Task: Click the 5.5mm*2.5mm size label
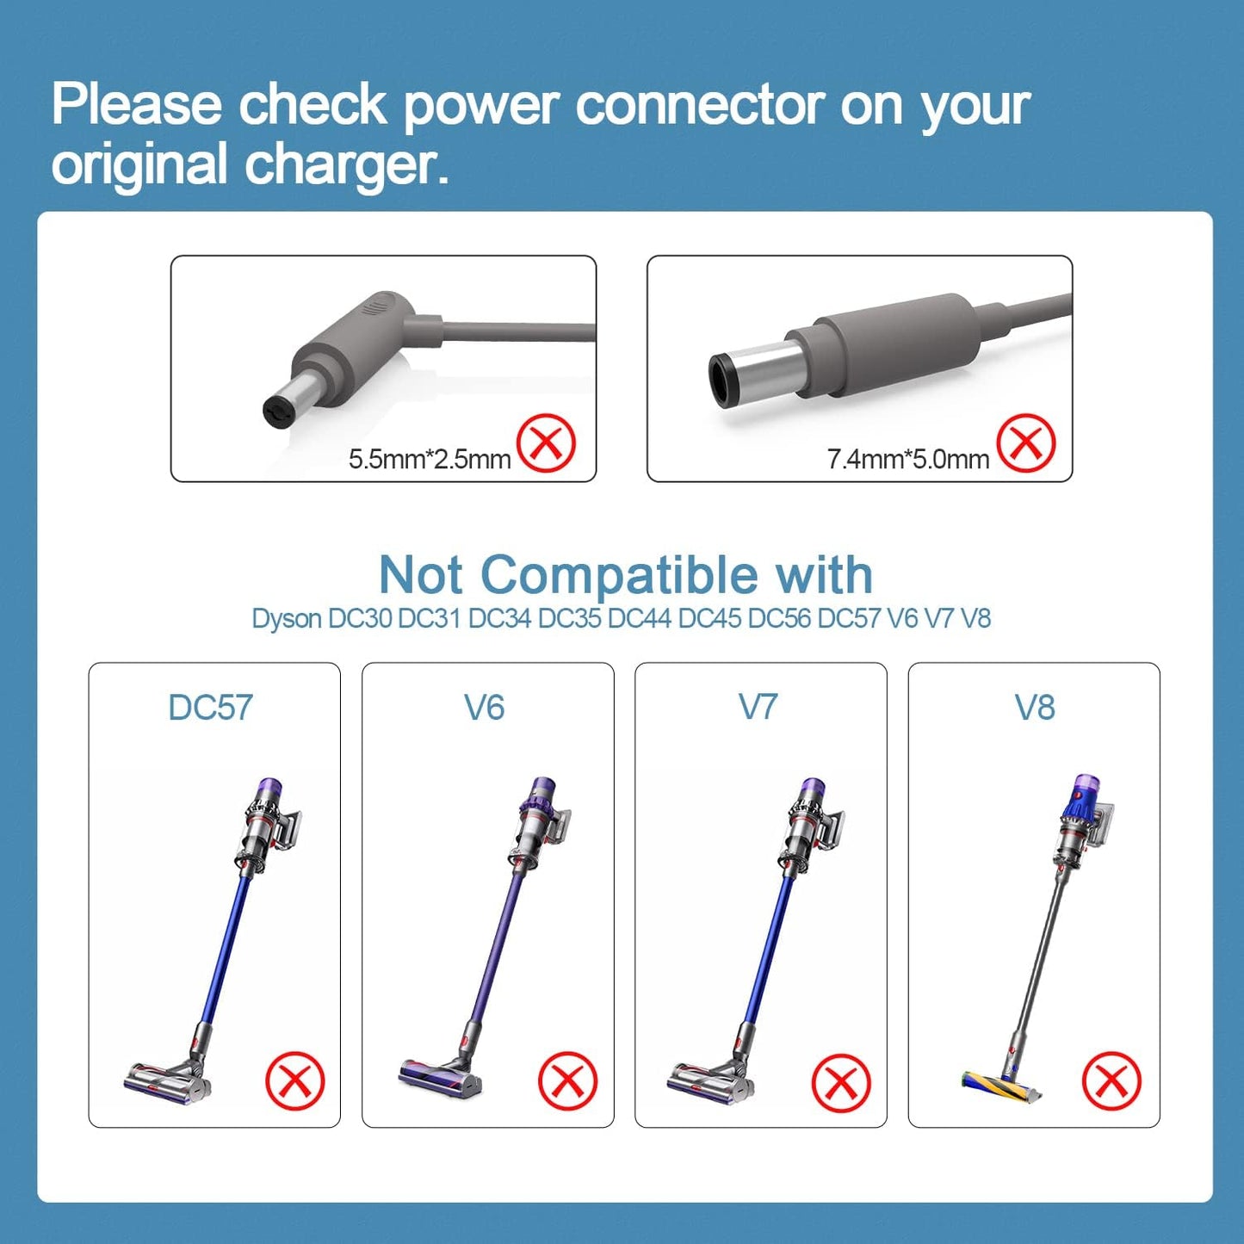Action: point(429,459)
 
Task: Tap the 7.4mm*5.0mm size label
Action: point(907,459)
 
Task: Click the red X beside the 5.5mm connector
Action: point(547,443)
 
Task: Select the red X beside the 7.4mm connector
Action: point(1025,443)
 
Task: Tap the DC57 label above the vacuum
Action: point(211,708)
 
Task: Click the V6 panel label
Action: point(485,708)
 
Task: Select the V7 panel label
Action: point(758,708)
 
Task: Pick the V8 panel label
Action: point(1034,708)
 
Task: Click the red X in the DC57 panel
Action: point(295,1080)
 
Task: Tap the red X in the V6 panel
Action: point(568,1080)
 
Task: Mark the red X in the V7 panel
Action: point(841,1082)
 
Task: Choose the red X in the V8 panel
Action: point(1111,1080)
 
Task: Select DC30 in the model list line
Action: point(360,619)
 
